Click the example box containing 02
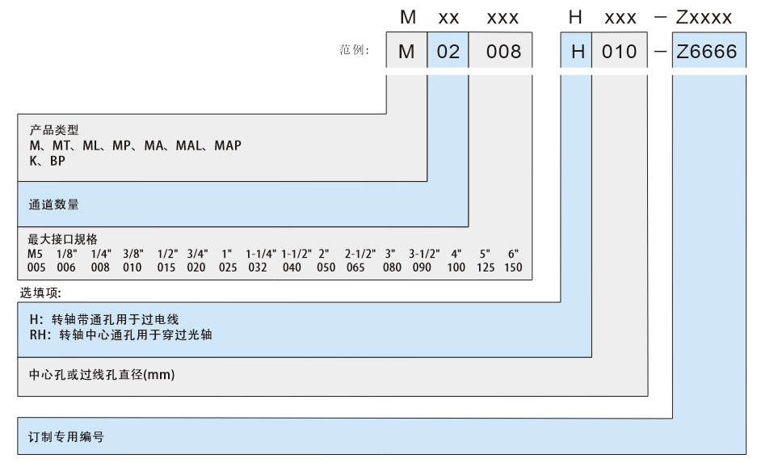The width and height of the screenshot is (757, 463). [x=448, y=53]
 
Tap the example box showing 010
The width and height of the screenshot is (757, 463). [x=620, y=53]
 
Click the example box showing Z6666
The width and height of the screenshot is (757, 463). [x=709, y=53]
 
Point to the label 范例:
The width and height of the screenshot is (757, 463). [x=354, y=51]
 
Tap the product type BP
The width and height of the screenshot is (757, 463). [x=57, y=160]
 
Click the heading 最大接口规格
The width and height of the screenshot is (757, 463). [x=63, y=240]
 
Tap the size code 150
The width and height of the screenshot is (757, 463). [x=512, y=267]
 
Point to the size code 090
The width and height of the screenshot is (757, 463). [x=422, y=267]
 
